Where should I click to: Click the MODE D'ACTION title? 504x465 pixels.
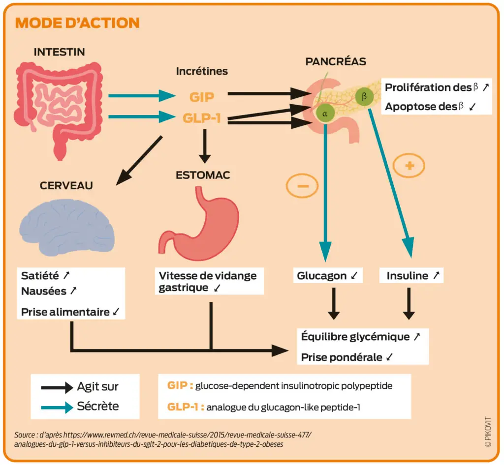click(x=77, y=23)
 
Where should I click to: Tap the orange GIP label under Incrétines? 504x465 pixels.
click(x=202, y=97)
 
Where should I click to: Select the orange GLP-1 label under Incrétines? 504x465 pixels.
click(x=202, y=118)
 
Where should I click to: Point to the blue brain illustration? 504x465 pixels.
click(x=67, y=227)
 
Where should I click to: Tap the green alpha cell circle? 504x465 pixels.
click(x=325, y=114)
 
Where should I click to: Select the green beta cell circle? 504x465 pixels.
click(x=364, y=96)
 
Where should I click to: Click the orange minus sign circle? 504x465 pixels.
click(x=302, y=186)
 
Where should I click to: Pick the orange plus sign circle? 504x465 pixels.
click(x=409, y=166)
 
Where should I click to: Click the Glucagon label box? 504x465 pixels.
click(x=328, y=275)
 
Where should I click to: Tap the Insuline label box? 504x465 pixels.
click(x=411, y=275)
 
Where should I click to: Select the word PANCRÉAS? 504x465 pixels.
click(x=336, y=61)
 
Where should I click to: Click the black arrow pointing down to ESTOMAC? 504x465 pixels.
click(x=205, y=146)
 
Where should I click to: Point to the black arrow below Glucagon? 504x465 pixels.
click(x=334, y=304)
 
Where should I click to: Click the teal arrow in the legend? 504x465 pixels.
click(x=57, y=407)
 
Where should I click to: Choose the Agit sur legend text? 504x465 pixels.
click(x=98, y=387)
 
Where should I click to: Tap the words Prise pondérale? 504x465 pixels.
click(x=342, y=357)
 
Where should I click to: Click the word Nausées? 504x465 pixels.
click(x=44, y=291)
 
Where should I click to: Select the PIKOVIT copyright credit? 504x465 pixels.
click(x=488, y=432)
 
